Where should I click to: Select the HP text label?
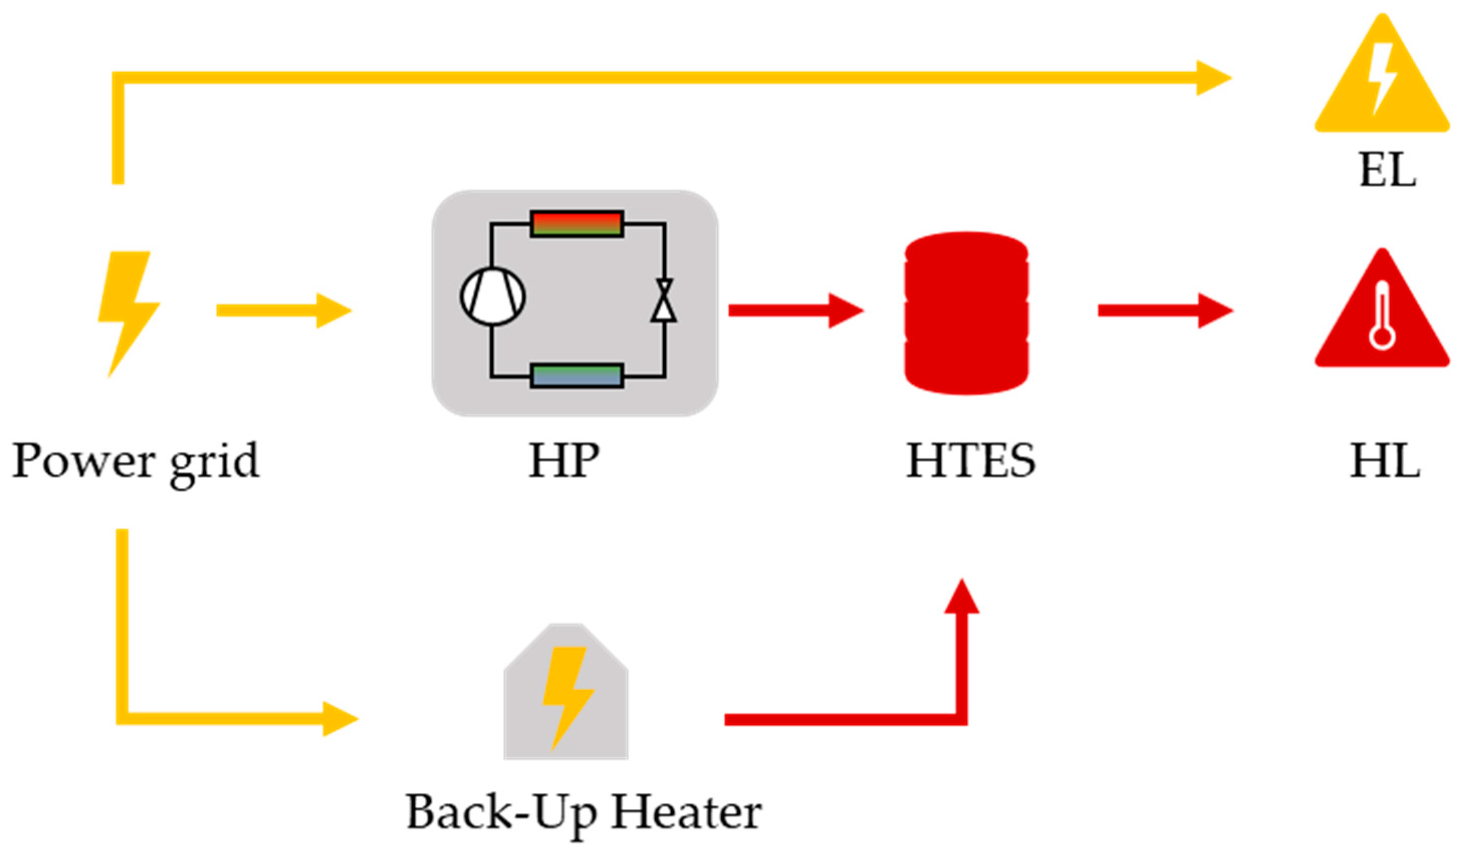(564, 460)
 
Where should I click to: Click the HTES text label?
(970, 460)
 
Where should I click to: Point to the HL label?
(1385, 460)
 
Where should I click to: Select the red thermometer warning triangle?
(1382, 315)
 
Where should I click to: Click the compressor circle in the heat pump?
(493, 296)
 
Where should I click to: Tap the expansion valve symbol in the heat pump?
(663, 301)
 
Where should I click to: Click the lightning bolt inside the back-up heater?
(567, 696)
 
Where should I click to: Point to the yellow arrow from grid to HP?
(284, 311)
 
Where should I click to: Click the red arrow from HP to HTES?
(795, 311)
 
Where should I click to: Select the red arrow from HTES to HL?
(1165, 311)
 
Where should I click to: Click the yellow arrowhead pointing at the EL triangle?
(1212, 77)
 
